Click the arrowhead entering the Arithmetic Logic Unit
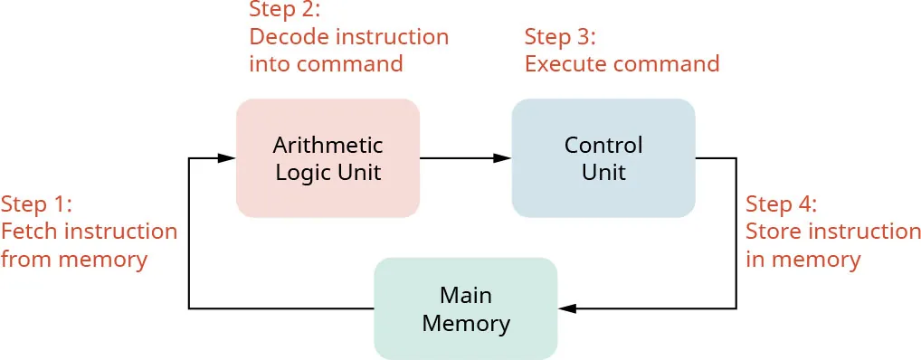pyautogui.click(x=227, y=158)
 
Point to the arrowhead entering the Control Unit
pyautogui.click(x=503, y=158)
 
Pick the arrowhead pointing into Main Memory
pyautogui.click(x=566, y=308)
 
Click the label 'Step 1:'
pyautogui.click(x=36, y=202)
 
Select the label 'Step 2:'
pyautogui.click(x=284, y=10)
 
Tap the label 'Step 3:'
pyautogui.click(x=560, y=37)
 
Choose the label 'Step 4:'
pyautogui.click(x=781, y=203)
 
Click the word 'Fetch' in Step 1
pyautogui.click(x=27, y=231)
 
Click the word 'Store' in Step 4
pyautogui.click(x=773, y=231)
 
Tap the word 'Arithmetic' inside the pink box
pyautogui.click(x=328, y=146)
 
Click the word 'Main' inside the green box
pyautogui.click(x=465, y=295)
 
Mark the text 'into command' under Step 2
pyautogui.click(x=326, y=64)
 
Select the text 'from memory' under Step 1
pyautogui.click(x=74, y=260)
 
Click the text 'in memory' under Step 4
pyautogui.click(x=802, y=260)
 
